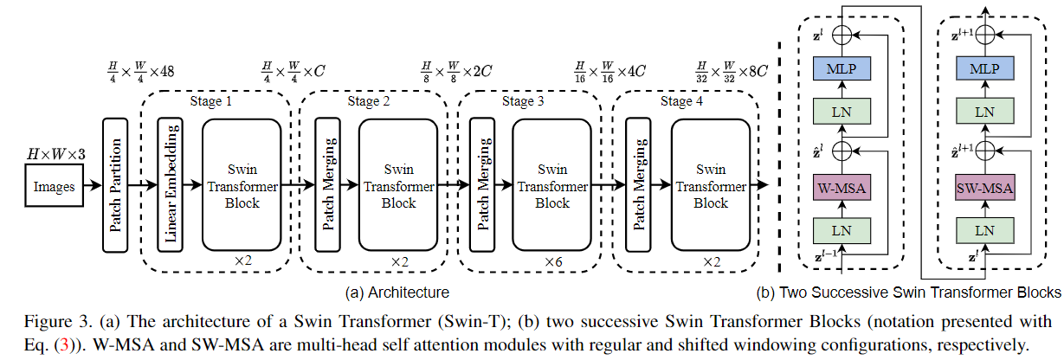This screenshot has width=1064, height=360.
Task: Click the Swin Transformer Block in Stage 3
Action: pyautogui.click(x=551, y=185)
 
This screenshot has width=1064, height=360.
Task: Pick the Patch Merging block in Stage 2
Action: pyautogui.click(x=328, y=185)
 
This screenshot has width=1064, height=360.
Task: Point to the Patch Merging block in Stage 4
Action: pyautogui.click(x=640, y=185)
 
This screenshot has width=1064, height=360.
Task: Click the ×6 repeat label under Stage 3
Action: pyautogui.click(x=551, y=261)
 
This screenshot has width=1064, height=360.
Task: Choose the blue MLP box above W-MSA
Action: pyautogui.click(x=841, y=67)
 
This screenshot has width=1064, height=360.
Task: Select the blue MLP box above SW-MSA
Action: pyautogui.click(x=983, y=67)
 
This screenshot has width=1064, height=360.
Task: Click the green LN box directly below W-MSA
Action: pyautogui.click(x=841, y=230)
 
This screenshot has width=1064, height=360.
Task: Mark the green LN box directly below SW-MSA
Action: pyautogui.click(x=983, y=230)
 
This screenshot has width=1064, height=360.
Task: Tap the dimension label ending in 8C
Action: pyautogui.click(x=732, y=71)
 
